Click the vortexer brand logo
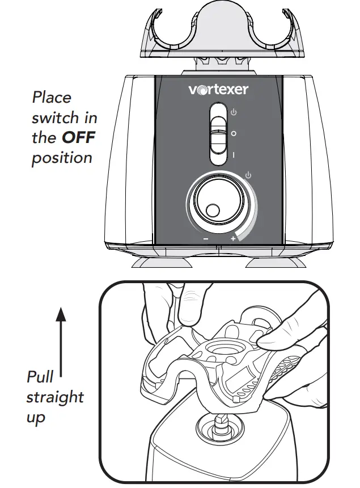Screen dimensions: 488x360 pyautogui.click(x=218, y=89)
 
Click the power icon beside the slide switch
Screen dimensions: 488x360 pyautogui.click(x=234, y=113)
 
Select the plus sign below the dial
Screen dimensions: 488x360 pyautogui.click(x=232, y=239)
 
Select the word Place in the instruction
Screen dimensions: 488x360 pyautogui.click(x=52, y=98)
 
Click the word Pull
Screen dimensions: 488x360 pyautogui.click(x=40, y=377)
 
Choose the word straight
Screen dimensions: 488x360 pyautogui.click(x=54, y=397)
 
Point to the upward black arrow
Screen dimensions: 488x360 pyautogui.click(x=61, y=340)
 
